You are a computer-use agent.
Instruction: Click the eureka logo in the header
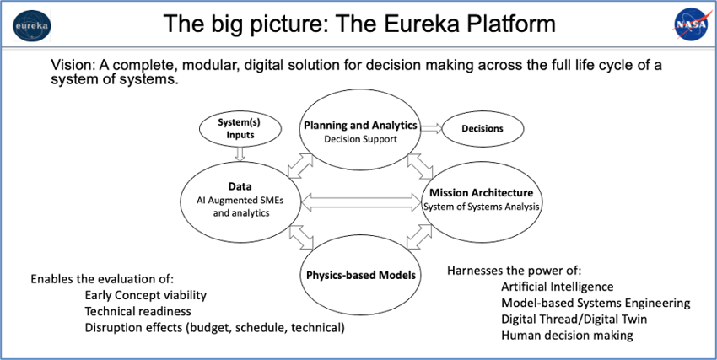[32, 25]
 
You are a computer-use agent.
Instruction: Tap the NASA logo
[692, 25]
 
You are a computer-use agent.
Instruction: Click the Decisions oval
[482, 128]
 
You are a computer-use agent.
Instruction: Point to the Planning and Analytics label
[361, 125]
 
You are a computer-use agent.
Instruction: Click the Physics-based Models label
[361, 275]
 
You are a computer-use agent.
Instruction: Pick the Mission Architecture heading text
[481, 192]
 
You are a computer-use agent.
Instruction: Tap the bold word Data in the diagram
[240, 186]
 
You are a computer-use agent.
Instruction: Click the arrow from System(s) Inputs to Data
[240, 153]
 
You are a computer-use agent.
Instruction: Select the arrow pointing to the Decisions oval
[431, 128]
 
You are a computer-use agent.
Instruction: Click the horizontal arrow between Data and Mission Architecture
[361, 202]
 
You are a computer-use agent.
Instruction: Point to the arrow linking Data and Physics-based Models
[301, 238]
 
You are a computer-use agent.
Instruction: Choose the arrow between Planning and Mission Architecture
[420, 165]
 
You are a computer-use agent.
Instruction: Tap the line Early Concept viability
[145, 296]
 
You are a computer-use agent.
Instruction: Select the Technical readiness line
[137, 312]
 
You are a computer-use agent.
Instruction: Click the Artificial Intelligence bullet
[558, 287]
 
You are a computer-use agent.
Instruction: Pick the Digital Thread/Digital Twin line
[574, 319]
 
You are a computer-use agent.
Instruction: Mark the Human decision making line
[567, 336]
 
